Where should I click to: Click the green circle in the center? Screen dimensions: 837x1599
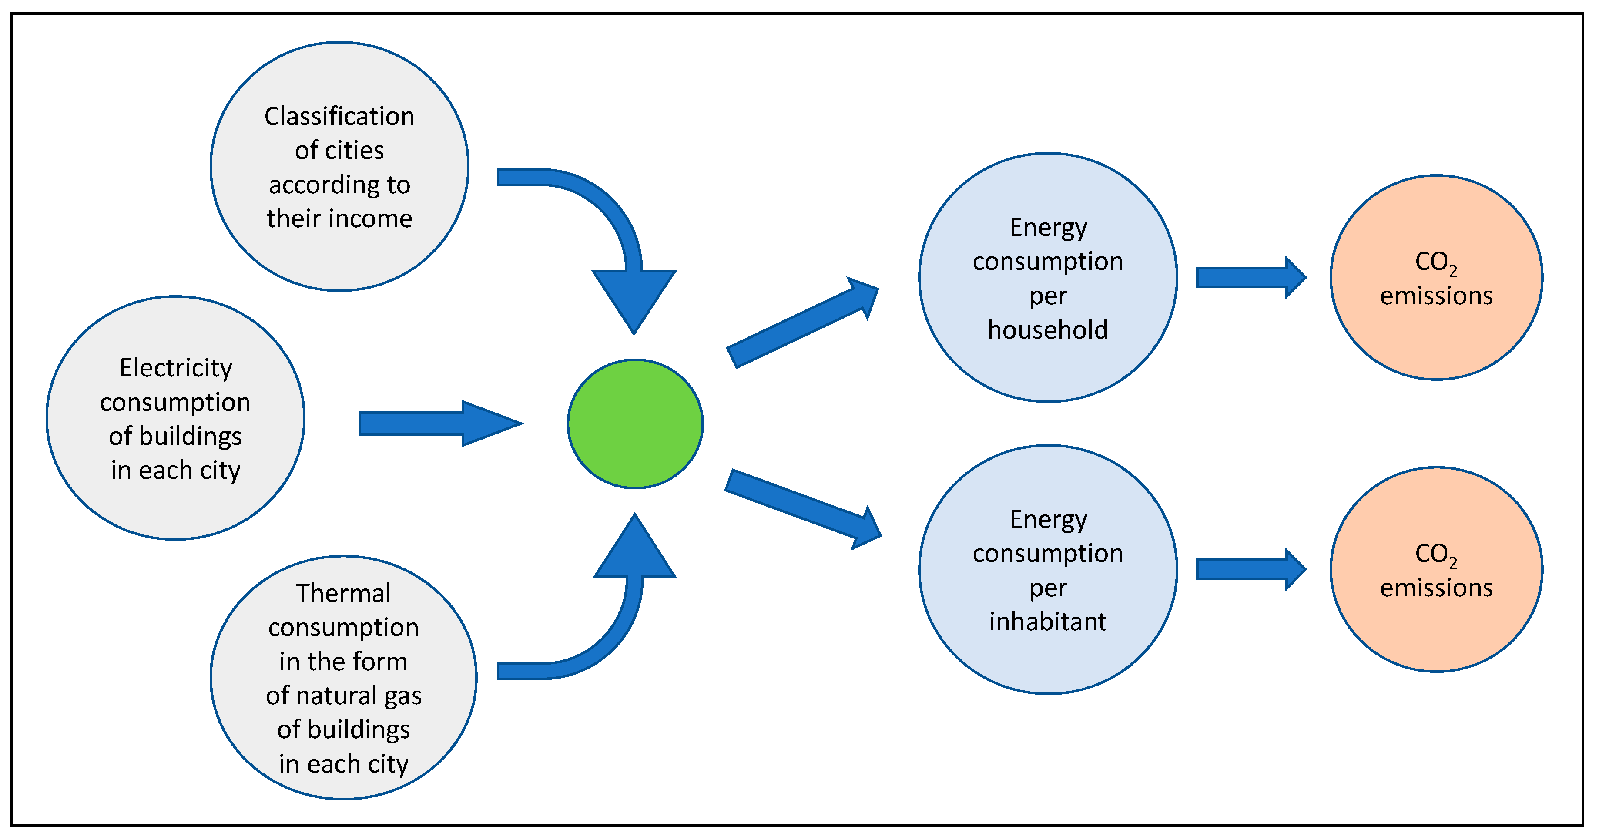click(635, 424)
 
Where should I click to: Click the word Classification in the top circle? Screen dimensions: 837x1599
click(339, 117)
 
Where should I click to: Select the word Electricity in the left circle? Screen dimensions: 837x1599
click(176, 368)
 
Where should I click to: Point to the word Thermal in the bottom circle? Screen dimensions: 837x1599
click(343, 593)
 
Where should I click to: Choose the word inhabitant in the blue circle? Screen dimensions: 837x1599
click(1048, 622)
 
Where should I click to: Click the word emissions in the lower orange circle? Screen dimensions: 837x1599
click(1436, 588)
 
